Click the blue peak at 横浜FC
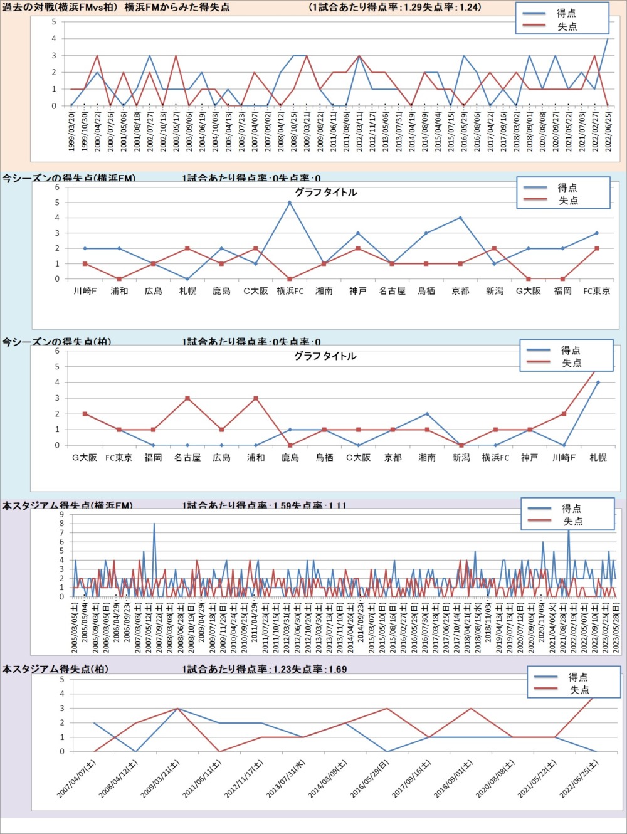290,203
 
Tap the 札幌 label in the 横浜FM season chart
187,291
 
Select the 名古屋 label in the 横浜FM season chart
392,291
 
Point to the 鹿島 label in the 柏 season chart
290,458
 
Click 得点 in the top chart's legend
566,13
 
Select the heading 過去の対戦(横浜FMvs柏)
60,8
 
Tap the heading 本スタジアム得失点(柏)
55,669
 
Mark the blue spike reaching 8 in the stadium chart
154,524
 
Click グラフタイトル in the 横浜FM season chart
325,193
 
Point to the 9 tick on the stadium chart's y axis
61,515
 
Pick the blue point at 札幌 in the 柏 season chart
598,383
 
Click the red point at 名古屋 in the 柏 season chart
187,398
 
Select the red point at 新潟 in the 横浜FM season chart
494,248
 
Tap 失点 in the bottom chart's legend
579,690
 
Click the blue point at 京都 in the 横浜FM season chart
460,218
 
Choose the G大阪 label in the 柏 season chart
85,458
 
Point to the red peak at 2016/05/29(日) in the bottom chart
387,709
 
